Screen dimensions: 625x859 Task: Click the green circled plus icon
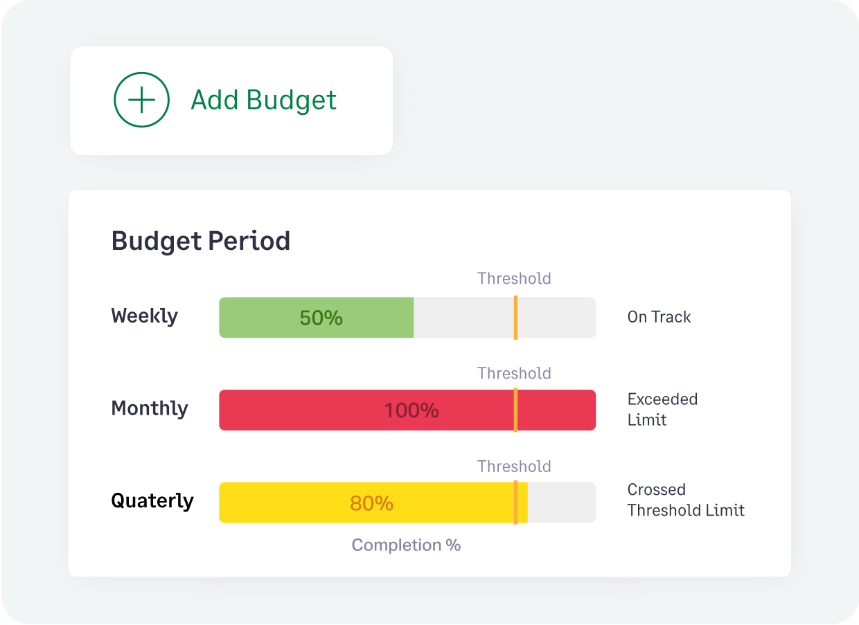click(141, 100)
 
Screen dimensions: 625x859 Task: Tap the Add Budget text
click(264, 100)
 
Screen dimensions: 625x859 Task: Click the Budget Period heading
click(201, 242)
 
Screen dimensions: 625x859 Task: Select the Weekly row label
click(145, 316)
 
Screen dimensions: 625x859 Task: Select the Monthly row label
click(150, 408)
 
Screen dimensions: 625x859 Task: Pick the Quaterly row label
click(152, 500)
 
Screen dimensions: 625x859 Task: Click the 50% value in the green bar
click(321, 318)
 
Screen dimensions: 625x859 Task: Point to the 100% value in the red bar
click(411, 410)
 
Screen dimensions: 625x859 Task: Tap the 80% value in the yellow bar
click(371, 503)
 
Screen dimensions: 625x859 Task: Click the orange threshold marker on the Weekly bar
click(515, 318)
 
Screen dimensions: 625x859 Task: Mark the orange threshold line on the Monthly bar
click(515, 410)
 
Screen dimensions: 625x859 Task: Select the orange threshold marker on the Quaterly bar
click(515, 502)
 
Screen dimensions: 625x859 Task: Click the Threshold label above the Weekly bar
click(514, 279)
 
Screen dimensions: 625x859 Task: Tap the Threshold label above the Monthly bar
click(514, 374)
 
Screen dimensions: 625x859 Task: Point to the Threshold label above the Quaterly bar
click(514, 467)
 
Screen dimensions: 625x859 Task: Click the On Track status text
click(659, 317)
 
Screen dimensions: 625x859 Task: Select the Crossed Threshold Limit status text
click(686, 500)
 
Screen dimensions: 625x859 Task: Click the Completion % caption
click(406, 545)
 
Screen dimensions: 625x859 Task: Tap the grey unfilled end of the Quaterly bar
click(561, 502)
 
